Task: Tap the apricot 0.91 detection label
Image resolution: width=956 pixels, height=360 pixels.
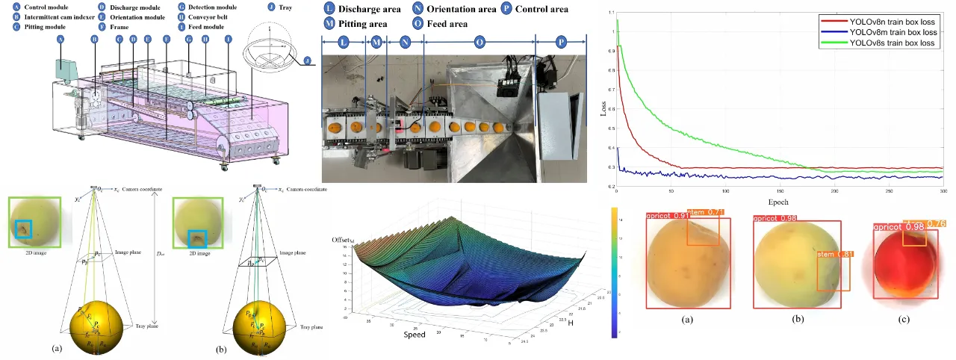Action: point(666,217)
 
